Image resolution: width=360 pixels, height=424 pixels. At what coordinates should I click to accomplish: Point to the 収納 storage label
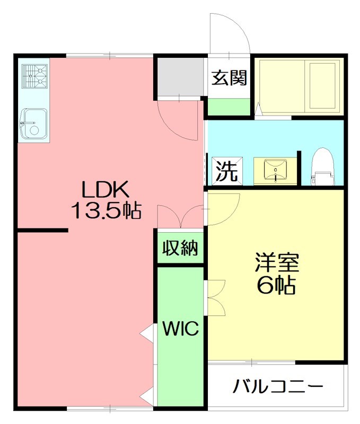(x=180, y=248)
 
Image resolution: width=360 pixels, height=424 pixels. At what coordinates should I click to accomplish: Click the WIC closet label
(x=180, y=329)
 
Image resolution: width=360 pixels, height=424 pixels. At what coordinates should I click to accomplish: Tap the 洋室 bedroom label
(x=277, y=263)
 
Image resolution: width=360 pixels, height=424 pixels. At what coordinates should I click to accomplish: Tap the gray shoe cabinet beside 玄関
(x=181, y=77)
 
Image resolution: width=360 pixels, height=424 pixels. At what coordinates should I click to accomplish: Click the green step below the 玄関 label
(x=229, y=107)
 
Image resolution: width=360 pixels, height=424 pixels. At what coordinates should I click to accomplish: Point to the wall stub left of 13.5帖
(x=42, y=230)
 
